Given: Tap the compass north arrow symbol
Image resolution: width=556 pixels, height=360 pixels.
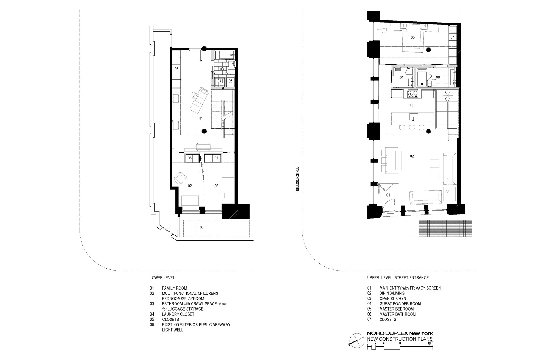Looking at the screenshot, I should [x=355, y=340].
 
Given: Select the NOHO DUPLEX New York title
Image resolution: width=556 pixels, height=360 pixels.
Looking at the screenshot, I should [x=400, y=333].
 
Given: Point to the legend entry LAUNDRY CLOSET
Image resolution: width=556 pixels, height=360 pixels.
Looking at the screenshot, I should [x=178, y=314].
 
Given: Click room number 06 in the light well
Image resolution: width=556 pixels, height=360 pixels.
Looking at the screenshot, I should [x=202, y=227].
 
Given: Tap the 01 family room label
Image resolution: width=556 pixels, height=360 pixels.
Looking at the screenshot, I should [x=201, y=118].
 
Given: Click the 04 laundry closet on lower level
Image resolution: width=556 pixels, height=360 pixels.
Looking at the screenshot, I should [x=219, y=81].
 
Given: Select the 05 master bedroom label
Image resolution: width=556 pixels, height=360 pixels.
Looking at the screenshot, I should [x=412, y=37].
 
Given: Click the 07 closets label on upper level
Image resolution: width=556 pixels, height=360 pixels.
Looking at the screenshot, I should [x=452, y=37].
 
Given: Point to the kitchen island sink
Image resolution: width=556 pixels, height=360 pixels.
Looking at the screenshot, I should [x=414, y=117].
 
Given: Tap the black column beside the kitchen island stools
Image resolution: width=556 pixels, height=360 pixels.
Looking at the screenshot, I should [x=428, y=132].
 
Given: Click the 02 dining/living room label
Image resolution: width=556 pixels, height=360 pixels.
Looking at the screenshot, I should [x=412, y=156].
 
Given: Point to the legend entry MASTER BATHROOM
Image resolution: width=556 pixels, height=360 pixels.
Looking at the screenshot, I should [x=398, y=314].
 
